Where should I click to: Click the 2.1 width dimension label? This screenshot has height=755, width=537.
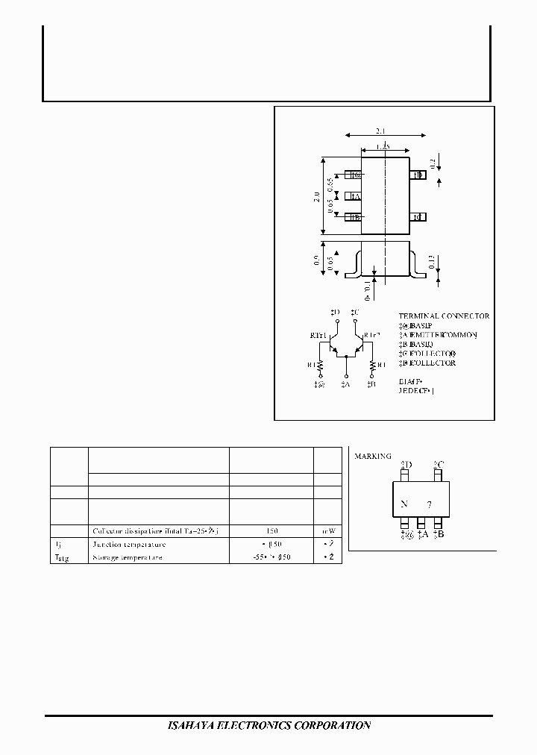tap(385, 128)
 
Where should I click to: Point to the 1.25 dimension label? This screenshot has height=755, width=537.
tap(383, 148)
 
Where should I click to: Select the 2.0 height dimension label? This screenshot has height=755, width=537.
tap(317, 198)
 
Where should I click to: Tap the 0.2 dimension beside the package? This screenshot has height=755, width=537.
tap(433, 164)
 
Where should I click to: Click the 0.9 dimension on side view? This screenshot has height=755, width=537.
tap(317, 261)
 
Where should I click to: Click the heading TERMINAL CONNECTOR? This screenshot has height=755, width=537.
tap(444, 316)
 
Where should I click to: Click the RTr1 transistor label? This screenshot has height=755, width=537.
tap(318, 336)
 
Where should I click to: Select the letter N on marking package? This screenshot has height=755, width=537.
tap(403, 504)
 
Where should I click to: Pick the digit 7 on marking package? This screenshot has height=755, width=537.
tap(429, 505)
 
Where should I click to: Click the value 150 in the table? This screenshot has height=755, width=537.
tap(271, 531)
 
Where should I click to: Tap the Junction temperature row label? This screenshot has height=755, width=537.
tap(128, 545)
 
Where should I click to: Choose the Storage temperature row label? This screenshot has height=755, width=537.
tap(128, 557)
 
